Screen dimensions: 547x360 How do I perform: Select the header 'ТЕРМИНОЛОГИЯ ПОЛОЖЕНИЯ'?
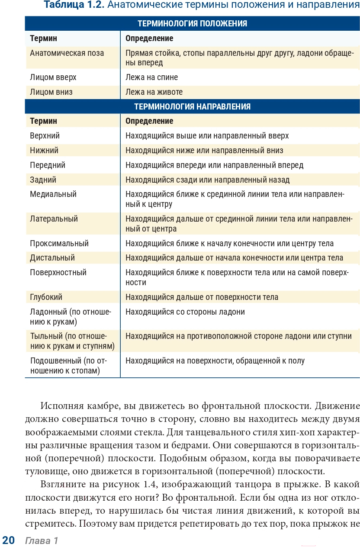[x=192, y=24]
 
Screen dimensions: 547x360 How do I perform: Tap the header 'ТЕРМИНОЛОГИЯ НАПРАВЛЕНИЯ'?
[x=192, y=106]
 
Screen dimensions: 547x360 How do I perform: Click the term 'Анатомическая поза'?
[x=67, y=53]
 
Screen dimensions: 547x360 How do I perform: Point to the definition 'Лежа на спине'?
[x=151, y=77]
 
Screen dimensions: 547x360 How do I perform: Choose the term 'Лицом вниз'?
[x=51, y=92]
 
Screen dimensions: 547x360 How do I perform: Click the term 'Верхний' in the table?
[x=45, y=136]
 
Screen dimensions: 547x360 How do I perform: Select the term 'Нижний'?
[x=44, y=151]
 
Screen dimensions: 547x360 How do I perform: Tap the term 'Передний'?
[x=48, y=165]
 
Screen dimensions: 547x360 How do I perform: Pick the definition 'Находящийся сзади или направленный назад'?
[x=207, y=180]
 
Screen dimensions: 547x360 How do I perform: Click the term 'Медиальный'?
[x=53, y=194]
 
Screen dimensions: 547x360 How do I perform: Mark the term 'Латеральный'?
[x=54, y=219]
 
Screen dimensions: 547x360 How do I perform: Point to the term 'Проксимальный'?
[x=59, y=244]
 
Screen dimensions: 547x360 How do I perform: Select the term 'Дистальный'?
[x=52, y=258]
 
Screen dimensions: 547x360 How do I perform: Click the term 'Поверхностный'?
[x=58, y=273]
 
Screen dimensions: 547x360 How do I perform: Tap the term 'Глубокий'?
[x=46, y=297]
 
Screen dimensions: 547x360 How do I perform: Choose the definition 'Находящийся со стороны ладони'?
[x=185, y=312]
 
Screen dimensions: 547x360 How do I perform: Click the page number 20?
[x=9, y=540]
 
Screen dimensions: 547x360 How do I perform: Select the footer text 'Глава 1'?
[x=42, y=541]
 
